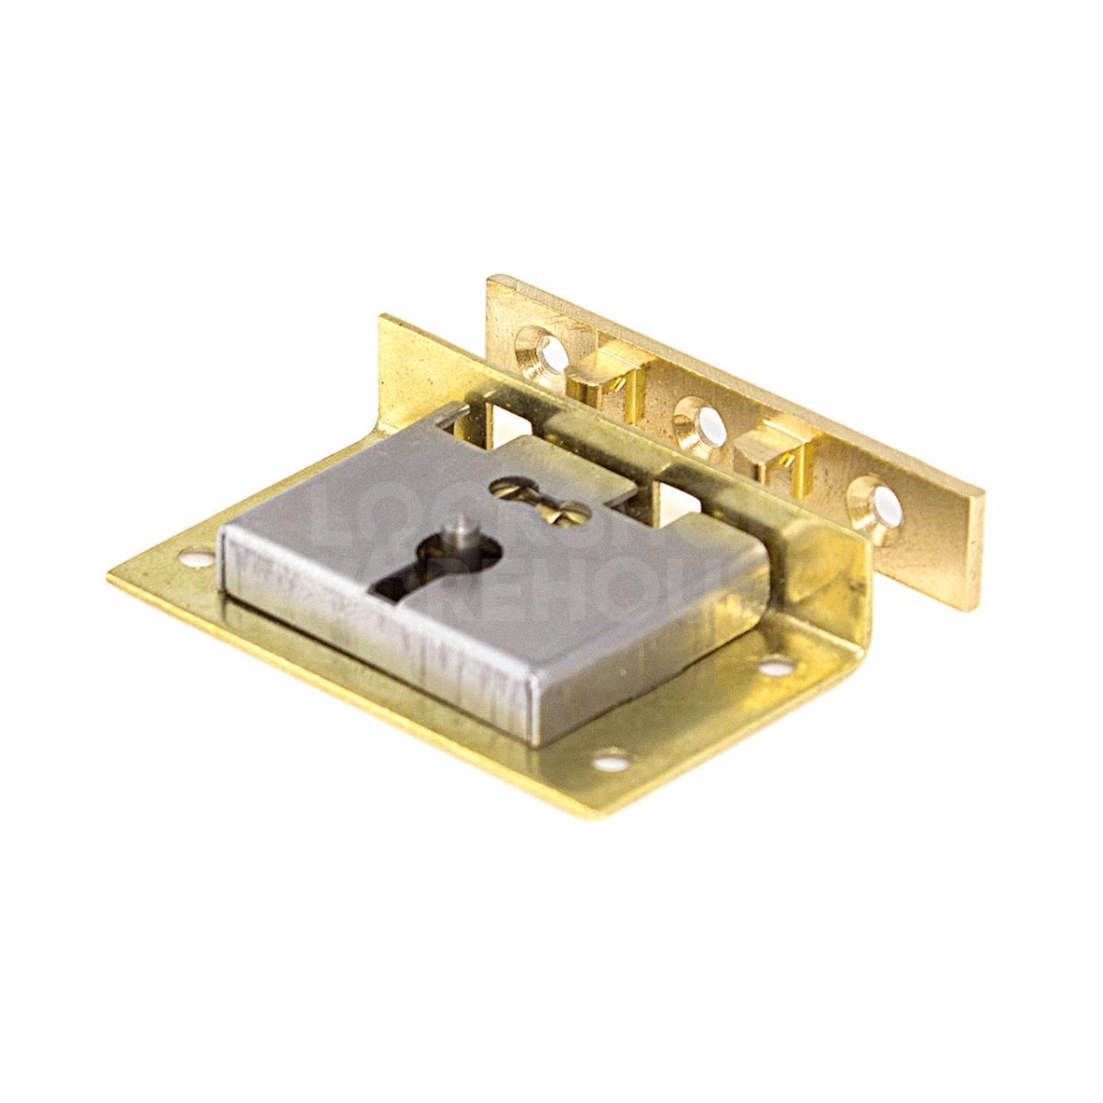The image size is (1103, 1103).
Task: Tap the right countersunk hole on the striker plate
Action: click(881, 501)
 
